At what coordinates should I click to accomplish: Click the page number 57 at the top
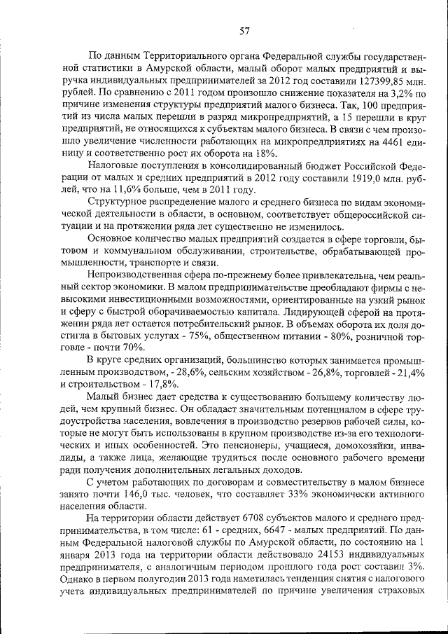[x=245, y=29]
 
